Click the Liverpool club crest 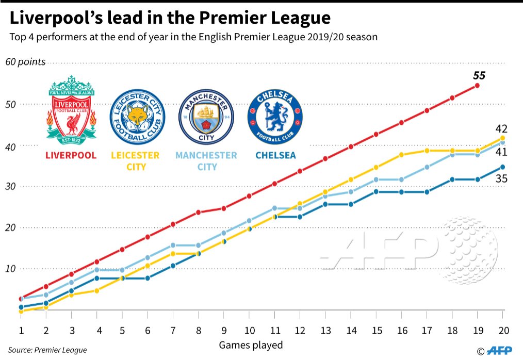coord(71,109)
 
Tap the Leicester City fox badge coord(138,117)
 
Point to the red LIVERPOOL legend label coord(71,155)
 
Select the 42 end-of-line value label coord(501,128)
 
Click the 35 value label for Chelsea coord(501,179)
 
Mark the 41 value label coord(501,152)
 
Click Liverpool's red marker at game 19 coord(477,86)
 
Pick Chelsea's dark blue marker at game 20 coord(502,167)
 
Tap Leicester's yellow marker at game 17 coord(427,151)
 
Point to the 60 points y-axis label coord(25,62)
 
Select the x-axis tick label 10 coord(249,330)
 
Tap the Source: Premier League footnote coord(47,350)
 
